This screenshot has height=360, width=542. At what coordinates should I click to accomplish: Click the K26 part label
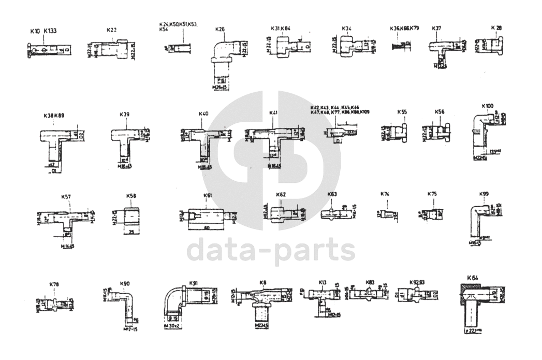point(219,30)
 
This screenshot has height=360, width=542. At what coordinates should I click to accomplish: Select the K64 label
point(472,278)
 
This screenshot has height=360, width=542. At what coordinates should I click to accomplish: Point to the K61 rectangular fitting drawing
point(207,214)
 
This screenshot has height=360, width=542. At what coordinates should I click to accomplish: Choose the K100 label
point(487,105)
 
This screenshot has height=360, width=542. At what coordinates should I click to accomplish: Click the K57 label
point(66,197)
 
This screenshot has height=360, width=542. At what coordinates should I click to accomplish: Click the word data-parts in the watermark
point(270,250)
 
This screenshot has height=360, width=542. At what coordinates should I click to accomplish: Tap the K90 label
point(125,284)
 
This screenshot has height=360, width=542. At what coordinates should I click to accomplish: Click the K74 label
point(385,194)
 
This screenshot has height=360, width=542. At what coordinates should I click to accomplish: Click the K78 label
point(54,284)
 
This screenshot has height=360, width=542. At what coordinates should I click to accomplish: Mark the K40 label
point(203,113)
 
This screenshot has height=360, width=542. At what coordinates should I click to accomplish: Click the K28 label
point(496,27)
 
